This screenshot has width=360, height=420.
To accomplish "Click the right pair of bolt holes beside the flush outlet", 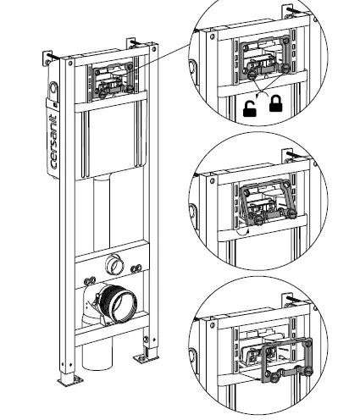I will (x=136, y=268).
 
